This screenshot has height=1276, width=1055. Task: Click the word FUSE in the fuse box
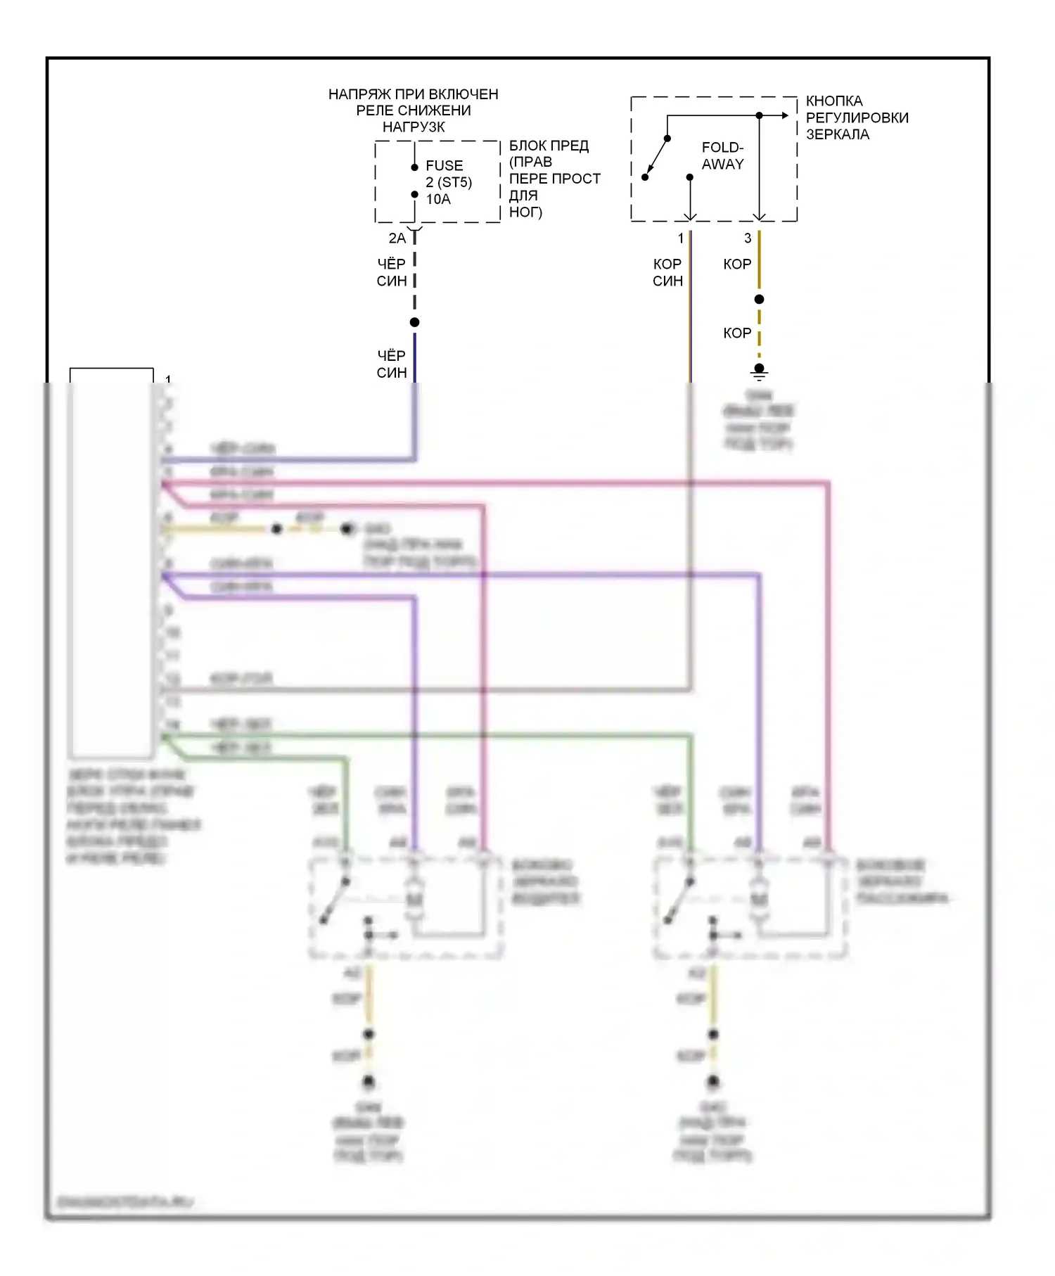tap(444, 166)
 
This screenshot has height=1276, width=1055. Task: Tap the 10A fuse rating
tap(438, 200)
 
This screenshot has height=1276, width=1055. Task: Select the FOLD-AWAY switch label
tap(722, 155)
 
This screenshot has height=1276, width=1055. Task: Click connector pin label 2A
tap(397, 238)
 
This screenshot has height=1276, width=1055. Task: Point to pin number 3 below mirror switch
tap(748, 238)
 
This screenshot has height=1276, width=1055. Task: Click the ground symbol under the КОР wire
tap(759, 370)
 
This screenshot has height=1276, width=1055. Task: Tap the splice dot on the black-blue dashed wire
tap(415, 322)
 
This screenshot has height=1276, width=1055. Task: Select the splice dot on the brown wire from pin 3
tap(759, 300)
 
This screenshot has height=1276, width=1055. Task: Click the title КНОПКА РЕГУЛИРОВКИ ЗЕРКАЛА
tap(857, 117)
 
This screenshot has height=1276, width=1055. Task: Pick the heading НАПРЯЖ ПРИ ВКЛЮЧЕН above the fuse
tap(413, 94)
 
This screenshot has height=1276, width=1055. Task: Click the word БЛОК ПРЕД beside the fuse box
tap(549, 146)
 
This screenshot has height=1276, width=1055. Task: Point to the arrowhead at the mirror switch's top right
tap(784, 115)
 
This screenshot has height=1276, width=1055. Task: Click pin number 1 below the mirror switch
tap(680, 238)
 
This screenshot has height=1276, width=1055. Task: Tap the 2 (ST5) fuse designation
tap(449, 183)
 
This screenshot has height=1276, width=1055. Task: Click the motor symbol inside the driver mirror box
tap(414, 900)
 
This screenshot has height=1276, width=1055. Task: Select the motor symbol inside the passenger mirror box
tap(758, 900)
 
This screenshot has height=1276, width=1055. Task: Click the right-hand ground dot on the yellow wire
tap(347, 529)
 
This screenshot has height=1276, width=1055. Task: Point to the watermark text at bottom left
tap(124, 1202)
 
